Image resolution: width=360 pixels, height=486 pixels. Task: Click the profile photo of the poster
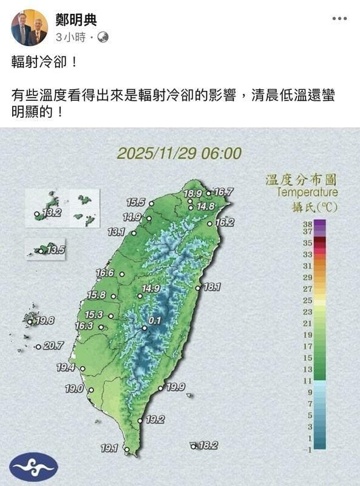coord(29,27)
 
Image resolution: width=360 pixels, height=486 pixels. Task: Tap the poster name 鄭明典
coord(76,21)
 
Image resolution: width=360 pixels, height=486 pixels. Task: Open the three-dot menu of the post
coord(339,19)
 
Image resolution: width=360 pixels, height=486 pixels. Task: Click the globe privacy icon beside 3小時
coord(103,38)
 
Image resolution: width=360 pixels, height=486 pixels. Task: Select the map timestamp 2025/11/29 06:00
coord(179,153)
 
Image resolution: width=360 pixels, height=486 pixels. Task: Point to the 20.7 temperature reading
coord(53,346)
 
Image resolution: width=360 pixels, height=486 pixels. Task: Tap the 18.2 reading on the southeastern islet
coord(208,445)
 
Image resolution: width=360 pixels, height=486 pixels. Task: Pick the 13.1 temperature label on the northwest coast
coord(117,231)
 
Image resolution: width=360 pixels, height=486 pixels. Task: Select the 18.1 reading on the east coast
coord(212,287)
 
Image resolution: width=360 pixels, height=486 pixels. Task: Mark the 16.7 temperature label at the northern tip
coord(223,192)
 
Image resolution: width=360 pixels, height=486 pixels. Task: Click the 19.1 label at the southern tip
coord(109,448)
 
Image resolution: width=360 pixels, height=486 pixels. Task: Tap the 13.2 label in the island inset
coord(52,213)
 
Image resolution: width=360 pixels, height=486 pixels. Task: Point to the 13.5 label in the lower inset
coord(55,249)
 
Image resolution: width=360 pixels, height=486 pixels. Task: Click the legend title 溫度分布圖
coord(301,179)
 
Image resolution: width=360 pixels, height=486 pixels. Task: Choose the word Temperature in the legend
coord(307,193)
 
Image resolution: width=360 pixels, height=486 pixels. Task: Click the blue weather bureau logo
coord(34,467)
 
